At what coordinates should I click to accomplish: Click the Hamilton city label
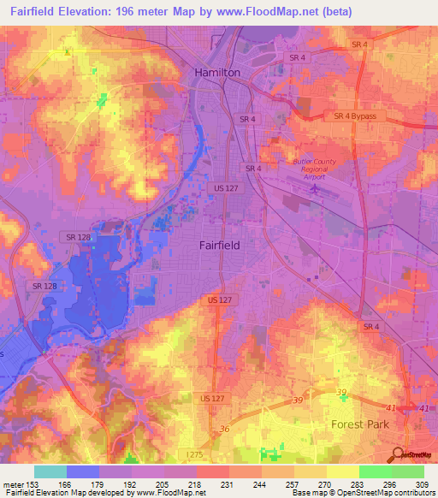point(218,73)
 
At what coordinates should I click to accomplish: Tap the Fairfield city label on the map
point(219,245)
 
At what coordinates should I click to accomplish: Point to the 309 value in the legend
point(422,484)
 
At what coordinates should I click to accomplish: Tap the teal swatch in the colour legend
point(50,471)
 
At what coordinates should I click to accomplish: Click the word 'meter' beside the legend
point(14,484)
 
